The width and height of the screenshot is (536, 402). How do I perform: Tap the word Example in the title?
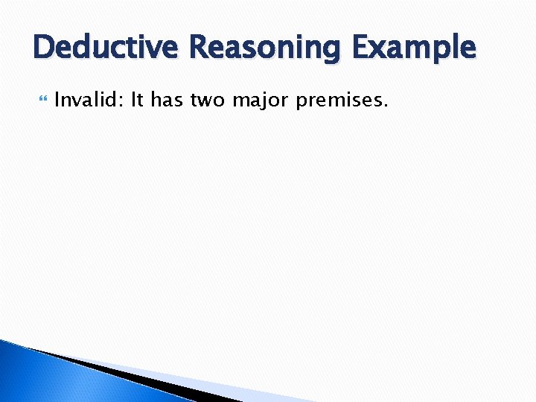(413, 48)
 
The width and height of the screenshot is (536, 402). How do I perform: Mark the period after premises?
(386, 105)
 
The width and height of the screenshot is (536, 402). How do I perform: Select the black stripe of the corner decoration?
(127, 375)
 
